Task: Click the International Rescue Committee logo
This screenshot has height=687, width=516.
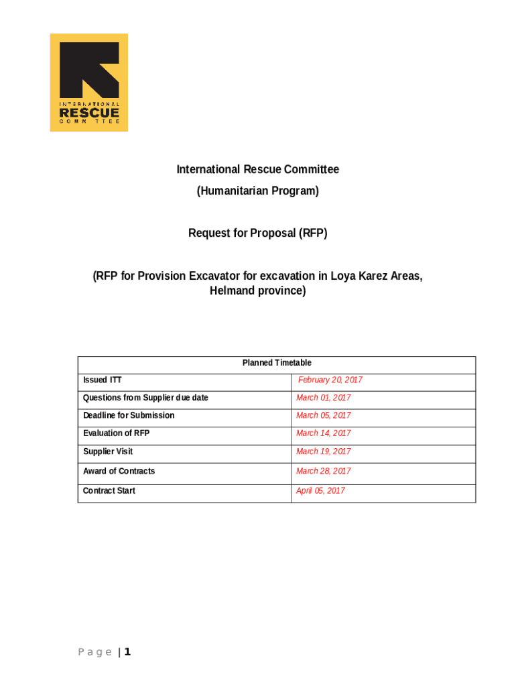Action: (88, 83)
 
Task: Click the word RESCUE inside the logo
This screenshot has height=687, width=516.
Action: (89, 113)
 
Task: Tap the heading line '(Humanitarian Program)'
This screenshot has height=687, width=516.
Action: (257, 191)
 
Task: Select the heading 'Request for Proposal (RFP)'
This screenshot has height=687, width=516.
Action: (257, 233)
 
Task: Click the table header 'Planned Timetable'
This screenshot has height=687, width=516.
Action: (277, 363)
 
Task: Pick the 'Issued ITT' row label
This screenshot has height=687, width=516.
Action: (103, 380)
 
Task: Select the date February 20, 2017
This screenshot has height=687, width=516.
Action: (330, 380)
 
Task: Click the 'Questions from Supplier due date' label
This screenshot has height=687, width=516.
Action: (145, 398)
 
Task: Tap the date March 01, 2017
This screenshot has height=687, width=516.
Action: (323, 398)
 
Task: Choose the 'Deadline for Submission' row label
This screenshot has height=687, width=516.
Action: (129, 415)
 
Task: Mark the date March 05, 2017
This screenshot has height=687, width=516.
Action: (323, 416)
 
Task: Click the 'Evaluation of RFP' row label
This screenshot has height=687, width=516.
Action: (116, 433)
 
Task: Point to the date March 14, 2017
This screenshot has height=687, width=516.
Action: (323, 433)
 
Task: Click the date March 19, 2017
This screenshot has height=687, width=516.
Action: (323, 452)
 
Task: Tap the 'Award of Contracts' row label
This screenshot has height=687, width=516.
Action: (119, 471)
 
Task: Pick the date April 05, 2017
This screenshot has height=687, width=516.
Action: (320, 491)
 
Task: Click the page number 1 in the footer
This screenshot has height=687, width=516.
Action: (127, 652)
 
